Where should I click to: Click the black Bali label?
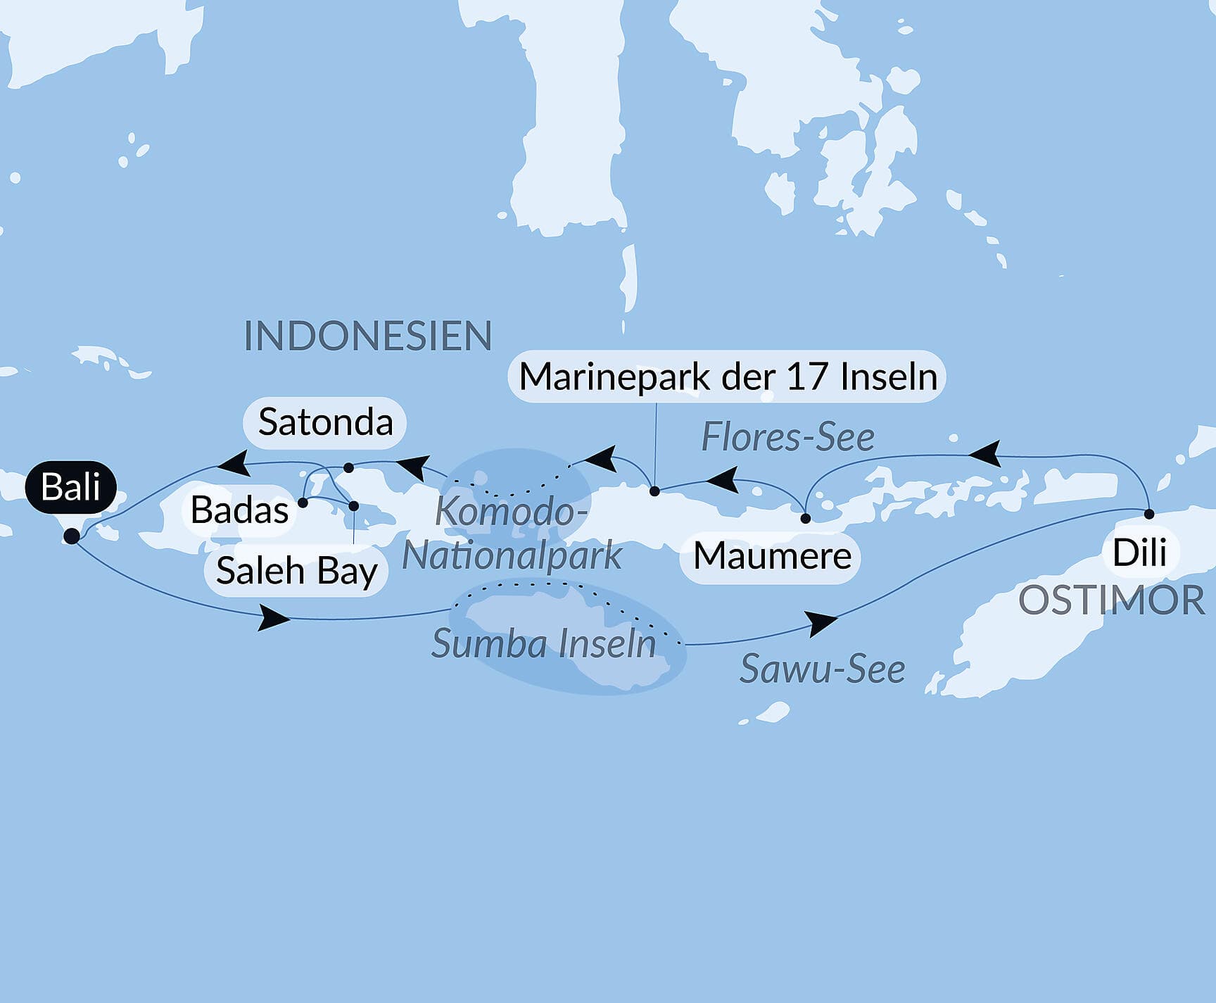[x=70, y=486]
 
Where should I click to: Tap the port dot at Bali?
[x=71, y=536]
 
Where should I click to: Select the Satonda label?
[x=324, y=422]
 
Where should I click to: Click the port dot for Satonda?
[x=348, y=467]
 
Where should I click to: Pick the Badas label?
[x=239, y=510]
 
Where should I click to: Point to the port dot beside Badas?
[x=303, y=503]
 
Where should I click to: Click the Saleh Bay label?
[x=296, y=570]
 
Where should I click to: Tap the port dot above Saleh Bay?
[x=353, y=506]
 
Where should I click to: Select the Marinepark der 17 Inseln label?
[x=728, y=377]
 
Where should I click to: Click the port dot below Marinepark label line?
[x=654, y=491]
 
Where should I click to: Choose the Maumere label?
[x=772, y=556]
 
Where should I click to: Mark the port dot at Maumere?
[x=806, y=519]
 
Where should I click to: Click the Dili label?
[x=1139, y=552]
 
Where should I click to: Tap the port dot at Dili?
[x=1149, y=514]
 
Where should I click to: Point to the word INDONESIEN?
[x=367, y=336]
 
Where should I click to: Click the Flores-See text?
[x=787, y=437]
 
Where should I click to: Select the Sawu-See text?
[x=822, y=669]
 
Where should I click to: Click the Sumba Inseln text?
[x=543, y=643]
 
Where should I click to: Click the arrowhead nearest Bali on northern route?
[x=233, y=463]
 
